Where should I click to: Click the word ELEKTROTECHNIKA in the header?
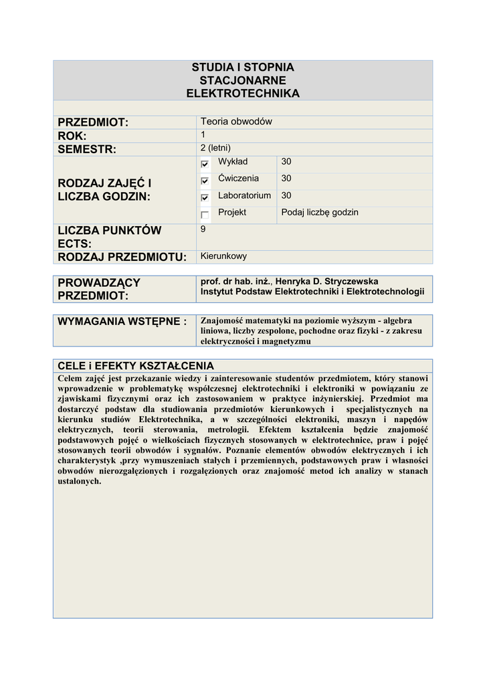click(243, 94)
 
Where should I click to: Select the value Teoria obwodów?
click(236, 121)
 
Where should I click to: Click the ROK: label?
click(73, 136)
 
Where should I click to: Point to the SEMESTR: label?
click(87, 149)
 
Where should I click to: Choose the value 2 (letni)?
click(215, 148)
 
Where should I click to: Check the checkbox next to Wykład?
click(205, 164)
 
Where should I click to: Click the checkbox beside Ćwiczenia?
click(205, 181)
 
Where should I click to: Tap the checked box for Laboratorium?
click(205, 197)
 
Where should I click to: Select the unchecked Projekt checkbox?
click(205, 215)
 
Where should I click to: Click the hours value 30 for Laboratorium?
click(286, 195)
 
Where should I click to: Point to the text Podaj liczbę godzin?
click(320, 212)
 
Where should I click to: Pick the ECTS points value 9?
click(203, 229)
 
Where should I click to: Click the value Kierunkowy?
click(223, 256)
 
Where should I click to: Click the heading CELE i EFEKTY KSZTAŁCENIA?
click(136, 365)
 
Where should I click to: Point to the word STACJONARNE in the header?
click(243, 80)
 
